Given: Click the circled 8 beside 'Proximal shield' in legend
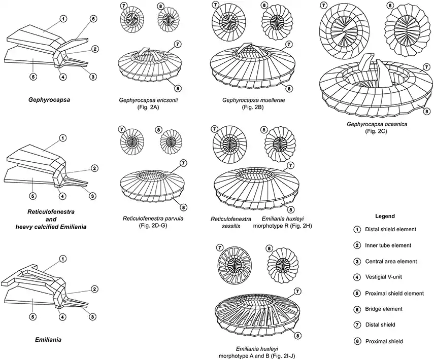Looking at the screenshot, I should (x=357, y=341).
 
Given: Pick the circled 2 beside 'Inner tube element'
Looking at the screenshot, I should (x=357, y=245).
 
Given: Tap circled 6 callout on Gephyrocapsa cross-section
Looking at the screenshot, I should (x=93, y=19).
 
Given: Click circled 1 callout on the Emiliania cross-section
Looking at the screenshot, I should (x=62, y=259).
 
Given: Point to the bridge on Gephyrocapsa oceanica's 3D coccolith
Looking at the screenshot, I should (x=366, y=65).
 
